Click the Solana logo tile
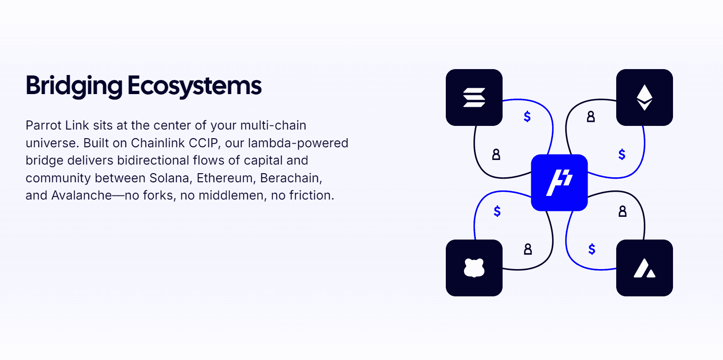(x=474, y=97)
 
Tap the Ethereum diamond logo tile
(x=644, y=97)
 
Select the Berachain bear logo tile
(x=474, y=268)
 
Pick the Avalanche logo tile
(x=644, y=268)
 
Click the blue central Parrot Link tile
(x=559, y=183)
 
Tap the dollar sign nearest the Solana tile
(x=527, y=117)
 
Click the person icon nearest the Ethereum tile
(x=591, y=117)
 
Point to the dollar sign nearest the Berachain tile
(x=497, y=211)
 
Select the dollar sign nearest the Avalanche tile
(x=592, y=249)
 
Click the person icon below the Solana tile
(x=496, y=155)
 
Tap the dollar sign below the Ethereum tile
(x=622, y=155)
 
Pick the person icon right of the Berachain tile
(x=528, y=249)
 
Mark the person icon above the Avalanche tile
(x=623, y=211)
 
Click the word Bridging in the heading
(x=74, y=86)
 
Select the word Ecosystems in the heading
(x=194, y=86)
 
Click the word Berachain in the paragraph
(x=291, y=178)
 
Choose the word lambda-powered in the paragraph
(x=298, y=143)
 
